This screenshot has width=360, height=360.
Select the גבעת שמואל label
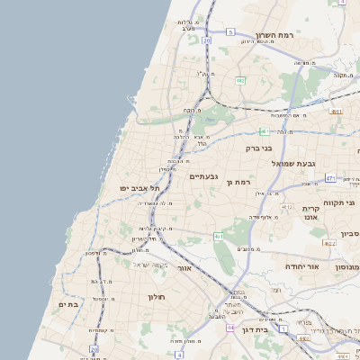[x=317, y=163]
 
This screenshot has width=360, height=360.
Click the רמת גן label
[x=240, y=183]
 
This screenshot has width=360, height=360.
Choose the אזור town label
[x=184, y=267]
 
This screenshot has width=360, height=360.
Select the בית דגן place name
[x=256, y=331]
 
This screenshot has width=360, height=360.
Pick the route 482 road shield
[x=240, y=81]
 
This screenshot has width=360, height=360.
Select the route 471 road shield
[x=330, y=178]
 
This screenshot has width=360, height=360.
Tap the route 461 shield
[x=219, y=236]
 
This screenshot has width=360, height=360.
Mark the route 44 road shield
[x=231, y=328]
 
